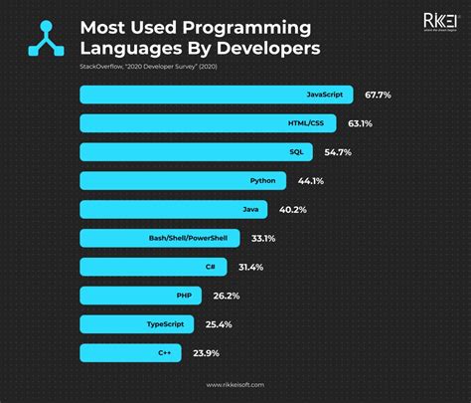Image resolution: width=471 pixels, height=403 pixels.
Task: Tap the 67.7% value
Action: tap(379, 95)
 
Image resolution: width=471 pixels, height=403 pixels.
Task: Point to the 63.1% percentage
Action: tap(360, 123)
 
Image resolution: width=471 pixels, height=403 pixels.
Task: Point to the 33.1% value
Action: tap(262, 238)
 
